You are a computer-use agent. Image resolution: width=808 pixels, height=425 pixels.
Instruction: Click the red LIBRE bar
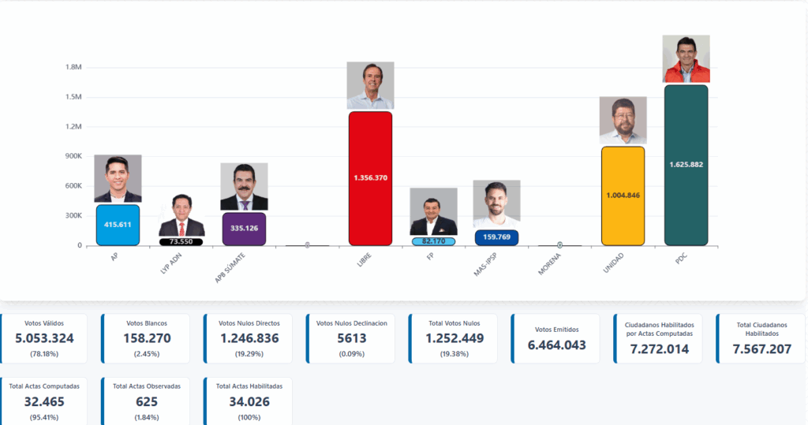370,178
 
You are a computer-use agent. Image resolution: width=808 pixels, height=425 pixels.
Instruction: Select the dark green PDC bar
686,165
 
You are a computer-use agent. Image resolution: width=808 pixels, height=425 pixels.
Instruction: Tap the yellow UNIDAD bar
623,196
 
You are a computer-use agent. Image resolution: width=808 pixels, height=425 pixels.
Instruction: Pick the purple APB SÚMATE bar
244,229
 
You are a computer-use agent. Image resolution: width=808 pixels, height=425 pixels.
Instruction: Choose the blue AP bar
118,225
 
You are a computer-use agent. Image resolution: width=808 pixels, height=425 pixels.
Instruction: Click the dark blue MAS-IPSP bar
496,237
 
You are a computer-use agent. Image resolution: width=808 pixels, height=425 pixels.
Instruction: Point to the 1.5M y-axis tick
74,97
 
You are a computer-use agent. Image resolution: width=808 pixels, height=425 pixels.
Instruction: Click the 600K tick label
73,186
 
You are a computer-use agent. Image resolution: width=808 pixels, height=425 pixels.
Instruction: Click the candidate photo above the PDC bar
686,59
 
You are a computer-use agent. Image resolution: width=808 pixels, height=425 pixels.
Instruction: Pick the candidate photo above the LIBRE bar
370,85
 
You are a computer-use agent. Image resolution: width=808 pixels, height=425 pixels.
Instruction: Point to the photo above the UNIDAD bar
623,121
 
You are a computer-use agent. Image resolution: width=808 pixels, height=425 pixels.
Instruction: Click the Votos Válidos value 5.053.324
44,338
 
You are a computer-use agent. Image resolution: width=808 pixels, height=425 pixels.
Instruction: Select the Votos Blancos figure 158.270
146,338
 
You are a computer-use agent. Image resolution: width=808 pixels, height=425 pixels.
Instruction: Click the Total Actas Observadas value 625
146,401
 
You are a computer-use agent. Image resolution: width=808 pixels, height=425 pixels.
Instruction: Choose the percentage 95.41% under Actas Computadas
44,416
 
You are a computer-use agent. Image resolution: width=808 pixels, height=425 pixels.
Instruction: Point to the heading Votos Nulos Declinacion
351,323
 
